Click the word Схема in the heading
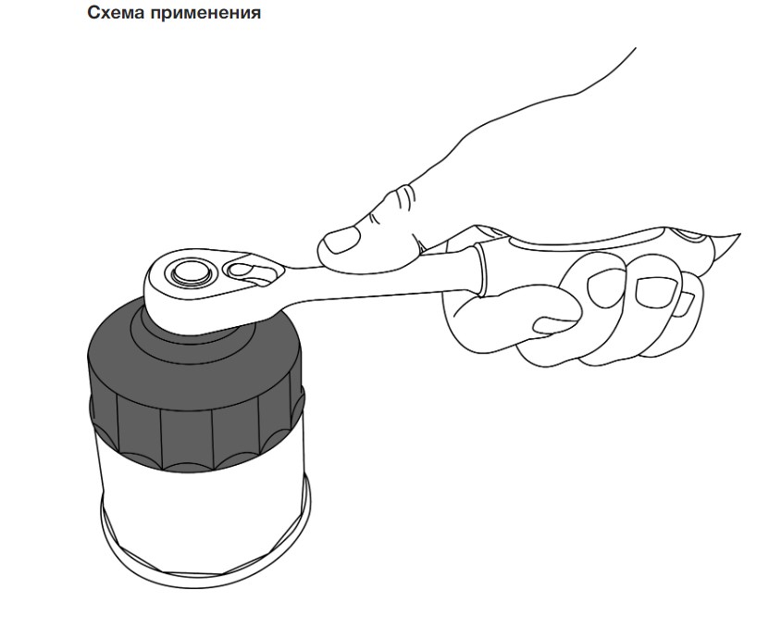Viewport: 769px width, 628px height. pyautogui.click(x=117, y=12)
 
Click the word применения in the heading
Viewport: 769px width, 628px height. pyautogui.click(x=205, y=13)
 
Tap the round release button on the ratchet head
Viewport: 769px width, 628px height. pyautogui.click(x=191, y=271)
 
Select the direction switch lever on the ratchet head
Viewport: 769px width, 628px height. pyautogui.click(x=248, y=273)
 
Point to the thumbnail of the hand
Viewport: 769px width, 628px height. pyautogui.click(x=341, y=240)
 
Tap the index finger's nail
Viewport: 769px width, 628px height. pyautogui.click(x=554, y=324)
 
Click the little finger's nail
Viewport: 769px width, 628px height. pyautogui.click(x=686, y=305)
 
